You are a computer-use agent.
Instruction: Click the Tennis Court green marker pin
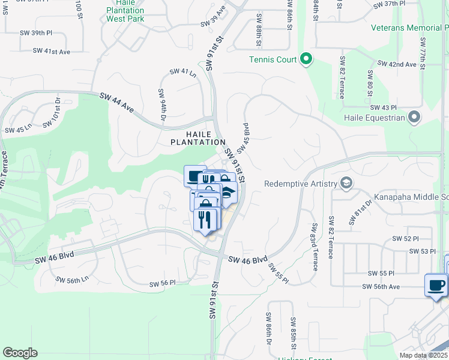306,59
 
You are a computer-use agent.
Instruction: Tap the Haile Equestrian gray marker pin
414,117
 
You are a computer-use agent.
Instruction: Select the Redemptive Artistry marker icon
346,183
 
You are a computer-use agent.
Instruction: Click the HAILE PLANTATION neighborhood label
197,138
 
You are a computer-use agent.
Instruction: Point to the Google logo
20,353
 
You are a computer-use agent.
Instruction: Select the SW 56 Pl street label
163,283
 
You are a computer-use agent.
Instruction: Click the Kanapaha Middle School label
411,197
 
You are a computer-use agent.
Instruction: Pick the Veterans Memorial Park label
409,28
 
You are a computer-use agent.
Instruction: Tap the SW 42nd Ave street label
396,64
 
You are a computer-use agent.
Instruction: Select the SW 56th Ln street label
72,280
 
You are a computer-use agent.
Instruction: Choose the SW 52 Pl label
405,238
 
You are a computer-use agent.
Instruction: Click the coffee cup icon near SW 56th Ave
435,284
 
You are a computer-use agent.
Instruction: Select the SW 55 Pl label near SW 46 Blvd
278,274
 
